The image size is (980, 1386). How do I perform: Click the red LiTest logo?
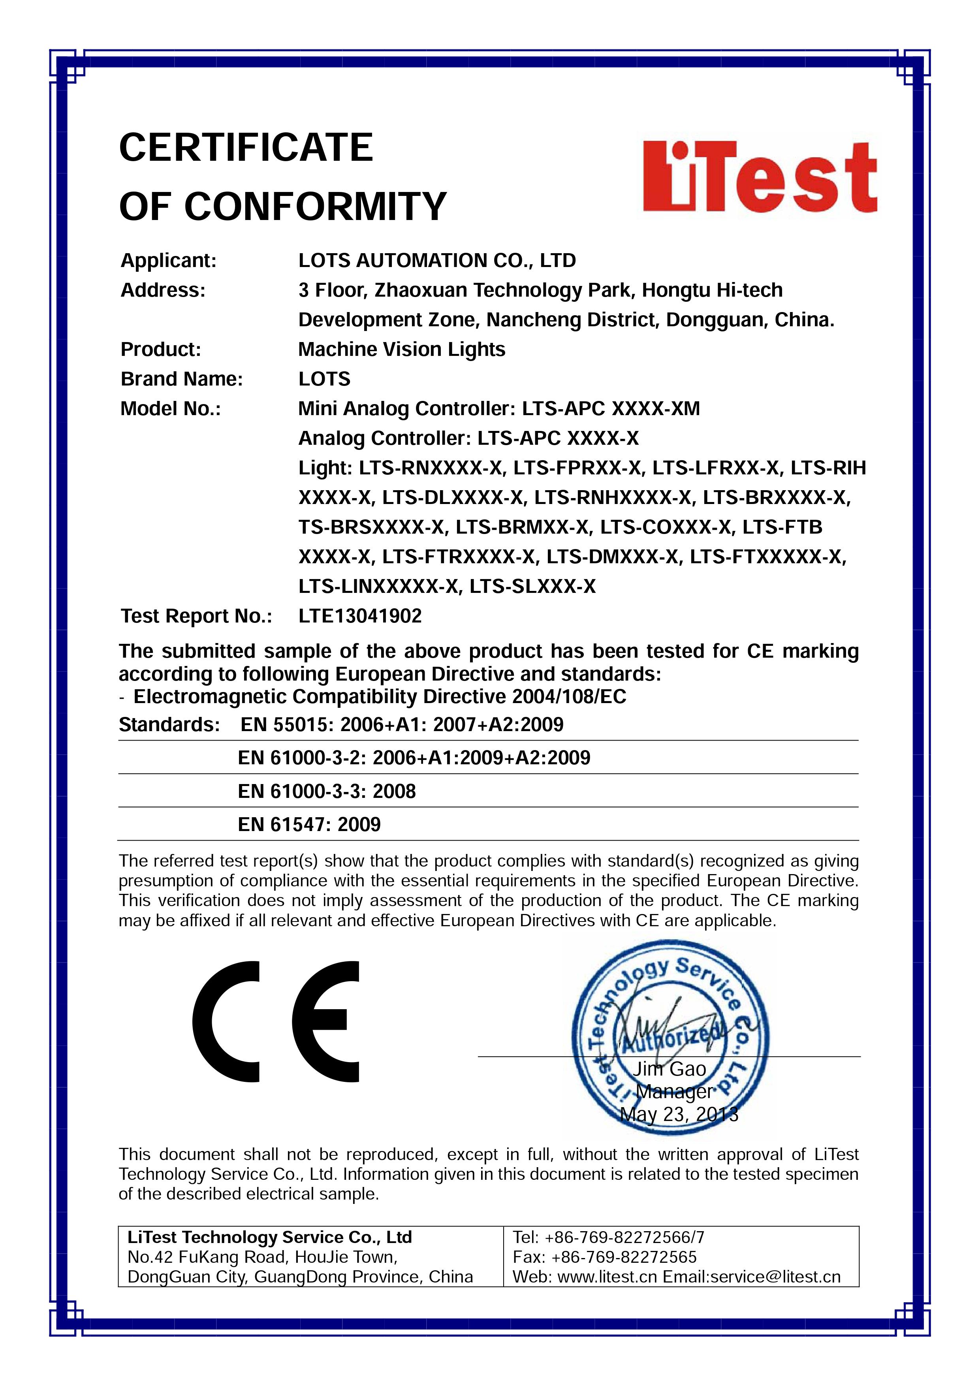tap(760, 176)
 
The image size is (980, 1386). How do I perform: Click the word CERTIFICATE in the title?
tap(246, 148)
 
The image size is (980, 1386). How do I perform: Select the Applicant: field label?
tap(168, 261)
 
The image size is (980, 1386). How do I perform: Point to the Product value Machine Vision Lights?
tap(402, 350)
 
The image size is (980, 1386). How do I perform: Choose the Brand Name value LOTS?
tap(324, 379)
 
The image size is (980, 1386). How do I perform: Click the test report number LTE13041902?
tap(360, 616)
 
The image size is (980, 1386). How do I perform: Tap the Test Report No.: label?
tap(196, 616)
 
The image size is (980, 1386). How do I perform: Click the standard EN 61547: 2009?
tap(309, 825)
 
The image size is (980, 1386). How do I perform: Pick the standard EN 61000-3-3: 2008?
tap(327, 792)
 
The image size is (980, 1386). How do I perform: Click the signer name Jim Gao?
tap(669, 1069)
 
